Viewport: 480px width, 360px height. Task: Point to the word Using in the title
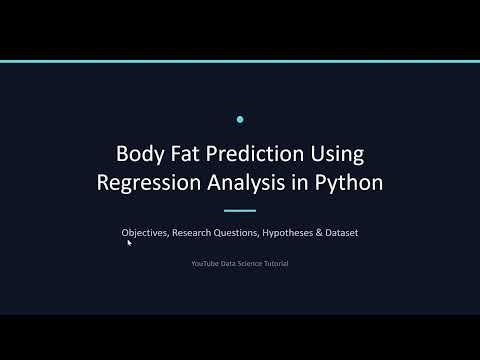pos(337,156)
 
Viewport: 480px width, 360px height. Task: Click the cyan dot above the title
pos(240,120)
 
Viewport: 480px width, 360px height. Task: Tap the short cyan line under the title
pos(240,211)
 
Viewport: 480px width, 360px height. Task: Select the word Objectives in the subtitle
pos(145,233)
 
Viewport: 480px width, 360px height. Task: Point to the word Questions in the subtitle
pos(245,233)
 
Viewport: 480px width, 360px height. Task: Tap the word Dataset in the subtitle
pos(342,233)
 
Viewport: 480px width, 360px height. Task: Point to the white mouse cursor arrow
pos(129,242)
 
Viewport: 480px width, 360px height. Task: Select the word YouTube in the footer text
pos(205,263)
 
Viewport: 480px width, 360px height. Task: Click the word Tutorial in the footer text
pos(273,263)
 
